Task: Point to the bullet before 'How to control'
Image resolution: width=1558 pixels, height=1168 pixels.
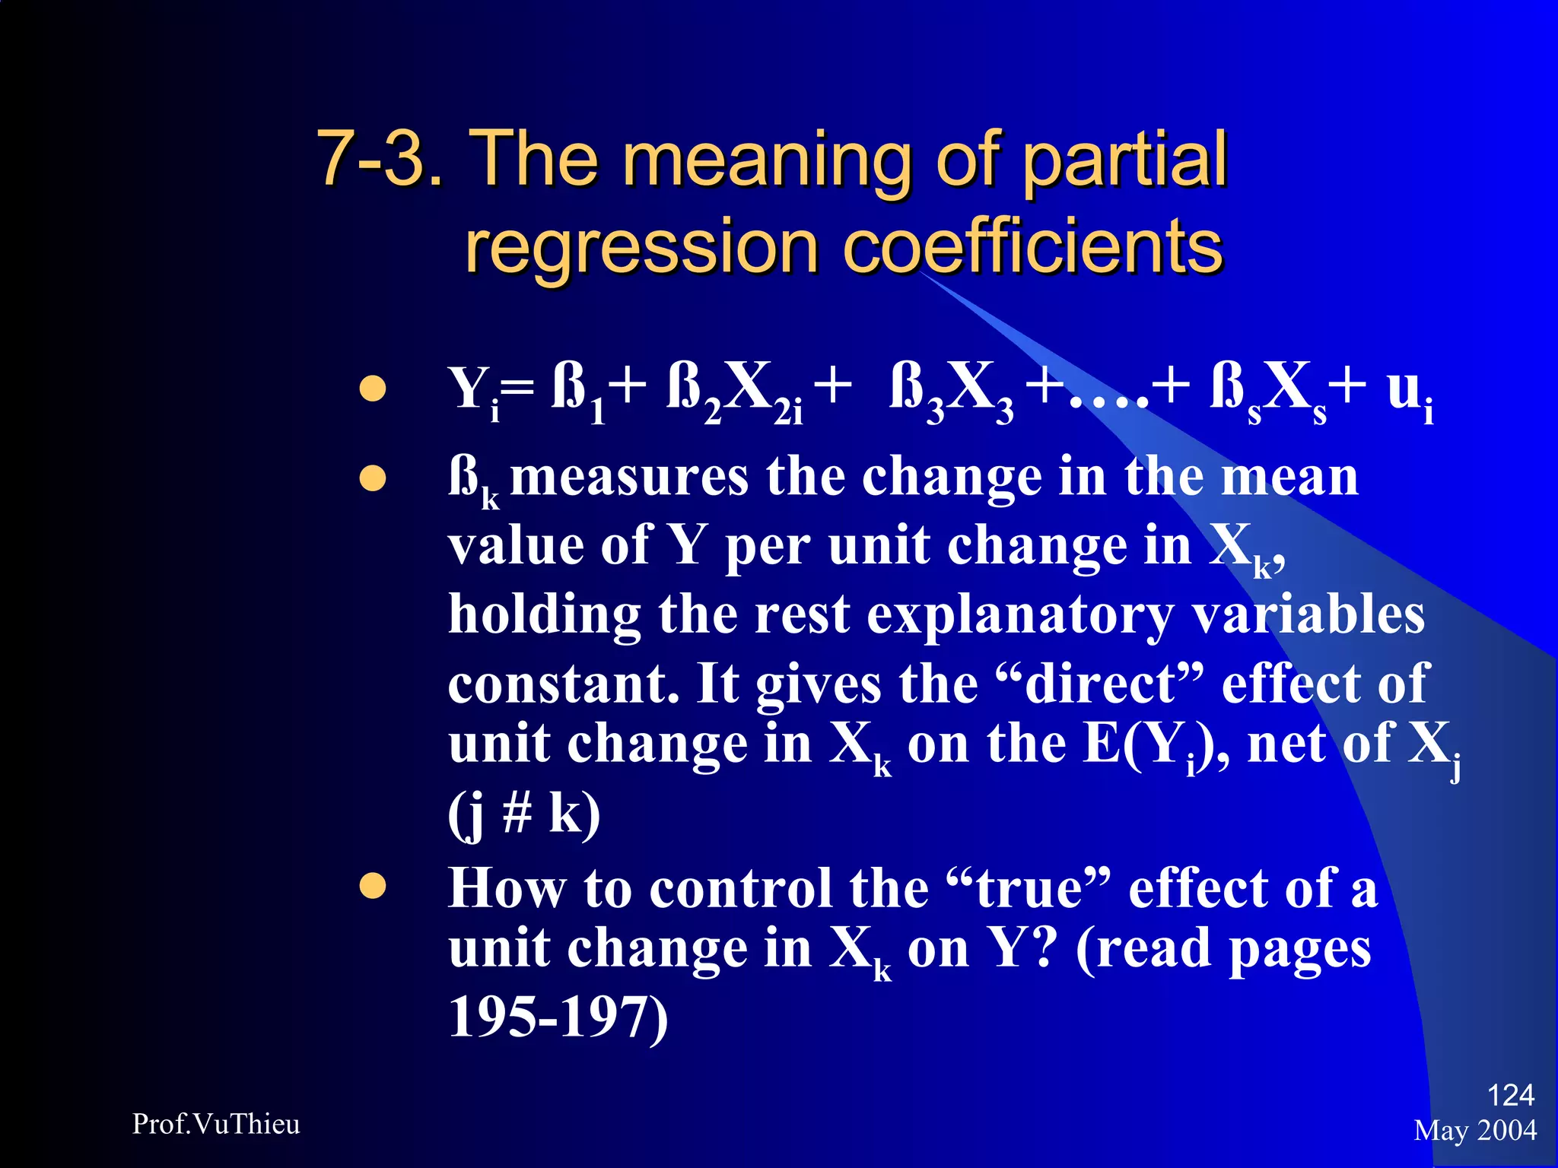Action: [x=373, y=886]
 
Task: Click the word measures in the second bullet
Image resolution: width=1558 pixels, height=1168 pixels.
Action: [x=628, y=478]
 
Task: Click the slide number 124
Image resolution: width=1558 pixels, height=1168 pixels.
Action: [x=1510, y=1095]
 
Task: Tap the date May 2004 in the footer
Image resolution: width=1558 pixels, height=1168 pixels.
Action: [x=1475, y=1131]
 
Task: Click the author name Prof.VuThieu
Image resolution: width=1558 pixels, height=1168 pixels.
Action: [x=216, y=1124]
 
